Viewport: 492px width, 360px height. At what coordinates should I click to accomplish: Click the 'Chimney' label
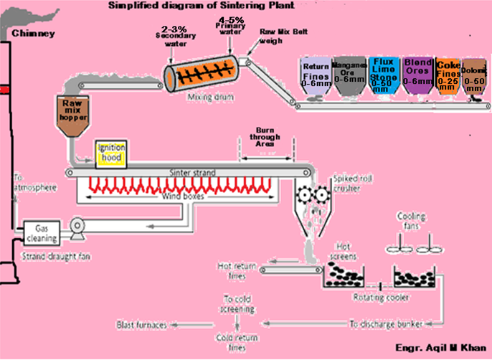(x=26, y=32)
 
